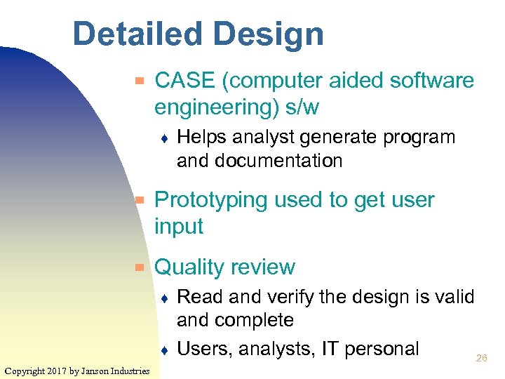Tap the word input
click(178, 227)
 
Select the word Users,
click(204, 348)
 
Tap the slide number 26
click(481, 358)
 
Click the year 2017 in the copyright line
click(58, 371)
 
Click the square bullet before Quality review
click(140, 267)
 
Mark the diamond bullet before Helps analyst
click(163, 138)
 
